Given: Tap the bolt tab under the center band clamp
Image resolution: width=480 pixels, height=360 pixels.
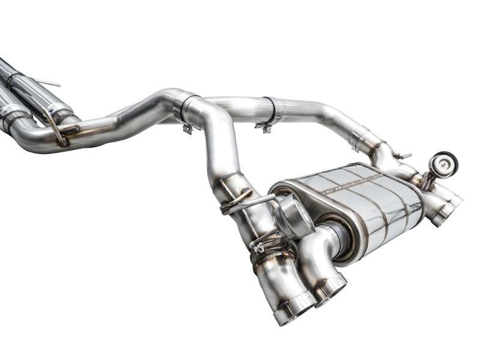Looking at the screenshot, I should point(188,128).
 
